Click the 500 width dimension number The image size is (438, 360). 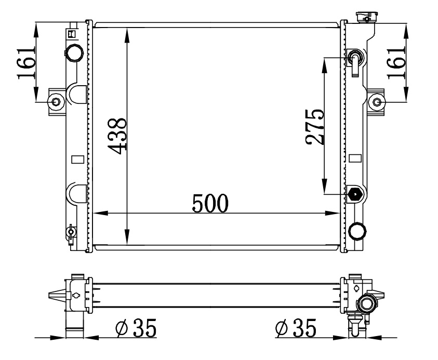(x=210, y=203)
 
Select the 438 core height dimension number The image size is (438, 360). (x=117, y=136)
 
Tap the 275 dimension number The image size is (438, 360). (x=315, y=127)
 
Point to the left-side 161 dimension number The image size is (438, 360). (x=26, y=63)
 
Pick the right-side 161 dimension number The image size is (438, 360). (x=396, y=63)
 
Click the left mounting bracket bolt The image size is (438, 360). (x=56, y=102)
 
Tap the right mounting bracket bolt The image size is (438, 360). (x=377, y=102)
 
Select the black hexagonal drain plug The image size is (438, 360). (x=355, y=194)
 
